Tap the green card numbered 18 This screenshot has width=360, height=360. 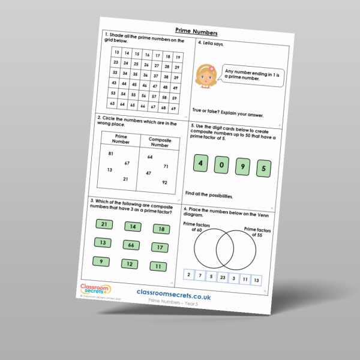[161, 229]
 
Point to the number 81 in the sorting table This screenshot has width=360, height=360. [110, 154]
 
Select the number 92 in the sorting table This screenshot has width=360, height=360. [164, 182]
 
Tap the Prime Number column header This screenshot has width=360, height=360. [122, 140]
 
